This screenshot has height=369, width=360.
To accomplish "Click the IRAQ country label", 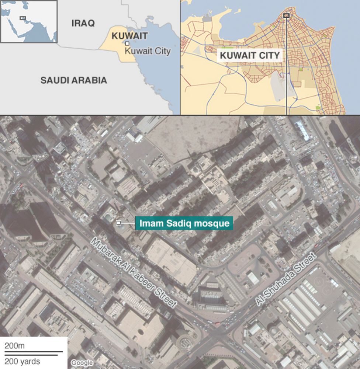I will (83, 23).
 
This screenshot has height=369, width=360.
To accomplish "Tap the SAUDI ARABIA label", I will (74, 80).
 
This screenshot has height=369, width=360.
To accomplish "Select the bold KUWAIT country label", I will (129, 36).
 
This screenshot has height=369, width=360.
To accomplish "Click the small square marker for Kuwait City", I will (127, 43).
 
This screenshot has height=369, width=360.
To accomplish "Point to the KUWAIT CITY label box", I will (250, 56).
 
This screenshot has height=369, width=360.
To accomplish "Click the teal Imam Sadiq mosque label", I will (184, 223).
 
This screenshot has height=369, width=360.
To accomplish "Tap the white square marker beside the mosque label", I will (118, 223).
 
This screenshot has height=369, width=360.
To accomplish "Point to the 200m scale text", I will (14, 346).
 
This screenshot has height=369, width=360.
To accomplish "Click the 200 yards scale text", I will (22, 361).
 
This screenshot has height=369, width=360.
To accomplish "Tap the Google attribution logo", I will (82, 363).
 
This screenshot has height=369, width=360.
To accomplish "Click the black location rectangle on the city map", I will (286, 15).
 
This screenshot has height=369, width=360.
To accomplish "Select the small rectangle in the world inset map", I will (22, 18).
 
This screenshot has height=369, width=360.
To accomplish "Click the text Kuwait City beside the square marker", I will (148, 51).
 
